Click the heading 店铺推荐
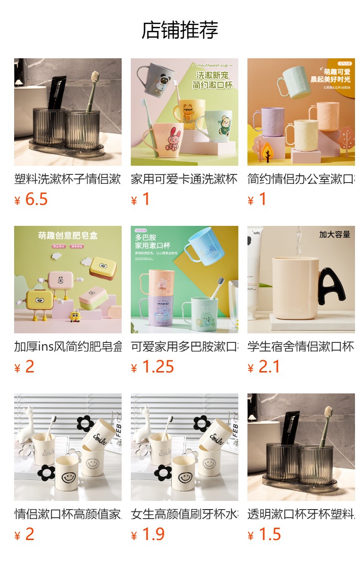180,30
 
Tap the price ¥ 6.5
31,199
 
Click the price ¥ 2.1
264,367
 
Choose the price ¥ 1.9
148,535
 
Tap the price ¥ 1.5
264,535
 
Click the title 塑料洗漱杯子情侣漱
67,179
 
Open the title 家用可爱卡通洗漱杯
184,179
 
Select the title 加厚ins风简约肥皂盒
67,347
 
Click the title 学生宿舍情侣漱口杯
301,347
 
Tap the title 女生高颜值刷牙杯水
184,514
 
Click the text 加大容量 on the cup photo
334,235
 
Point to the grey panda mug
158,80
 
